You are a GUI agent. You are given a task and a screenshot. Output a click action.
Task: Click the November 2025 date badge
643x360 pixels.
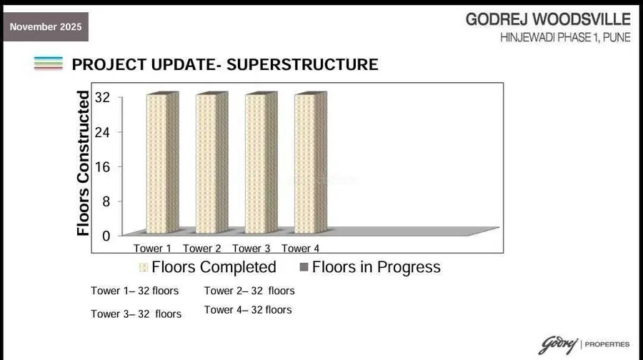point(46,27)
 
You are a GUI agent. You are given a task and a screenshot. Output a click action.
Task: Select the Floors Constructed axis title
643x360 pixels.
point(84,163)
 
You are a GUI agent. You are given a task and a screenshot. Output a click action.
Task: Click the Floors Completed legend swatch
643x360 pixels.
point(144,268)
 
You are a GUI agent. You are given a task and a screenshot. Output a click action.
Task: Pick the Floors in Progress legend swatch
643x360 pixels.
point(302,268)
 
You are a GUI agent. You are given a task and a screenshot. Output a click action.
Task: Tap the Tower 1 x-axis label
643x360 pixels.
point(152,249)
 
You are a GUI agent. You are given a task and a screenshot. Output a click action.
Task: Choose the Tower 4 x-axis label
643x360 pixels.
point(300,249)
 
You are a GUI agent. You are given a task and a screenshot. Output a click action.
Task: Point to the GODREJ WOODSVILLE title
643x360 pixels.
point(548,19)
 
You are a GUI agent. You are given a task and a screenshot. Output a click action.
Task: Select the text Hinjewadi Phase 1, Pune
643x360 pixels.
point(565,37)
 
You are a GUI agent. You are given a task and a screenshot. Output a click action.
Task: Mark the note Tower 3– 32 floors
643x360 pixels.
point(136,314)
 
